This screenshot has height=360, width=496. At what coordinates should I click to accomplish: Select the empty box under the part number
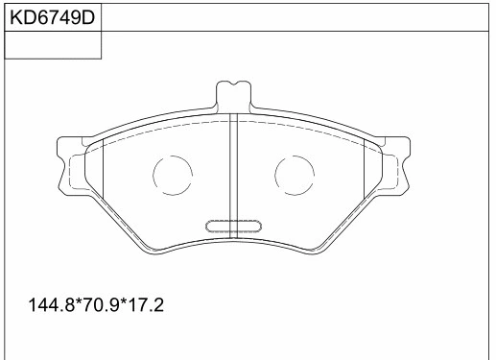(53, 45)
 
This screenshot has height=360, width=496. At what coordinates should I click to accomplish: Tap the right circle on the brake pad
(295, 174)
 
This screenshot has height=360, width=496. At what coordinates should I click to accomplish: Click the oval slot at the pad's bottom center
(234, 227)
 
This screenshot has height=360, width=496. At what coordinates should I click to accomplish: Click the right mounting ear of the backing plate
(400, 163)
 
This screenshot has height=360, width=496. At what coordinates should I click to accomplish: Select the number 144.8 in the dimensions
(53, 306)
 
